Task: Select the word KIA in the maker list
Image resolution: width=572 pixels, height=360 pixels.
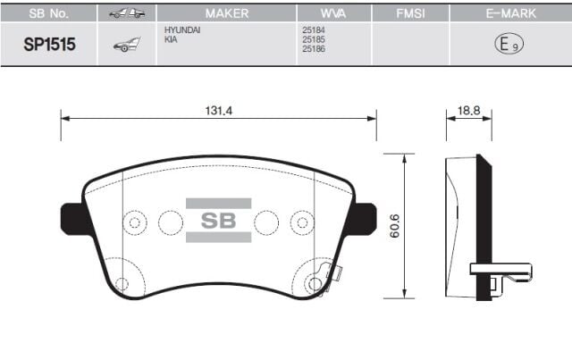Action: click(171, 40)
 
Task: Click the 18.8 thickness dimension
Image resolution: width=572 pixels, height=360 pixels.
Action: click(469, 112)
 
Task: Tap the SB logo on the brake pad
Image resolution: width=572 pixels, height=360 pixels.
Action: click(218, 221)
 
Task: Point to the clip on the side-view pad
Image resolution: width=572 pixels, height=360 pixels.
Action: click(494, 272)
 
